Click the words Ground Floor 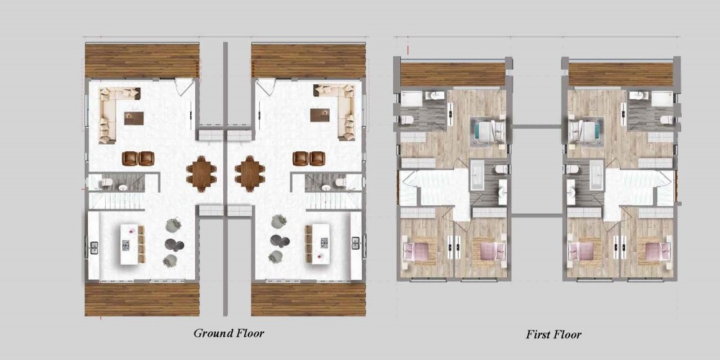coord(229,333)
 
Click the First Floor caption coord(553,334)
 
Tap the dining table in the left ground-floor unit coord(201,174)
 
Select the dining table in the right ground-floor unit coord(250,174)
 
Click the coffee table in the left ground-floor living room coord(134,119)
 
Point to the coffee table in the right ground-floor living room coord(320,114)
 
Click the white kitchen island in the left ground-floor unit coord(130,244)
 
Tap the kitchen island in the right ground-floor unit coord(320,244)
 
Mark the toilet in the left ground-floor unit coord(107,182)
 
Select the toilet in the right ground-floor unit coord(341,182)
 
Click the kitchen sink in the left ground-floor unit coord(94,248)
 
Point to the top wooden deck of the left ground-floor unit coord(142,60)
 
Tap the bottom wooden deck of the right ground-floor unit coord(308,299)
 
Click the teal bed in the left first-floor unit coord(487,132)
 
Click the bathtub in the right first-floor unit coord(596,175)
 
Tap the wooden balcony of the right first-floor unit coord(621,74)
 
